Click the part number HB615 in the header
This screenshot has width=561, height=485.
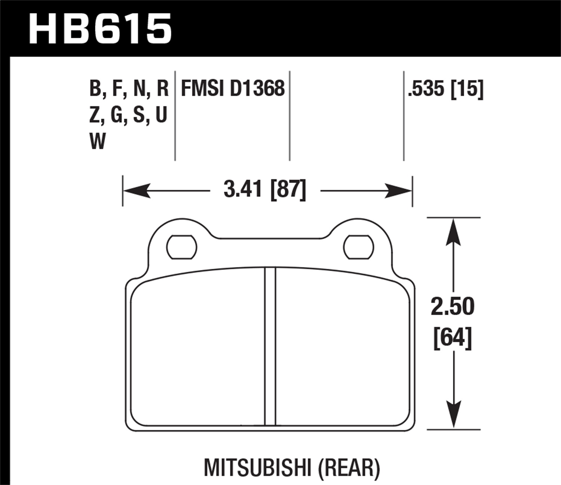100,29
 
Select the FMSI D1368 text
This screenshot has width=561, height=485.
233,89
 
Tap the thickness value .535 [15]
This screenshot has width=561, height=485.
446,89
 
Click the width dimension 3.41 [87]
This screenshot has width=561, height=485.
265,189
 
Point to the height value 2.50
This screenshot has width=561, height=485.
453,306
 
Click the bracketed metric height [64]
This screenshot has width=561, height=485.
453,338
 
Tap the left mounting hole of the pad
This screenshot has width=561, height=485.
181,247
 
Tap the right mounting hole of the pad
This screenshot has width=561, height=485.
358,247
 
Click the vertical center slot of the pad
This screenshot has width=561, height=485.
270,346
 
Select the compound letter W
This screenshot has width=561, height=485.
98,141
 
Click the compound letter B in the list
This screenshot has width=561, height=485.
95,89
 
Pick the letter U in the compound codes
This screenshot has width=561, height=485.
161,115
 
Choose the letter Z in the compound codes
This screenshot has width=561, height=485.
95,115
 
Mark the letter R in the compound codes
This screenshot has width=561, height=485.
163,89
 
